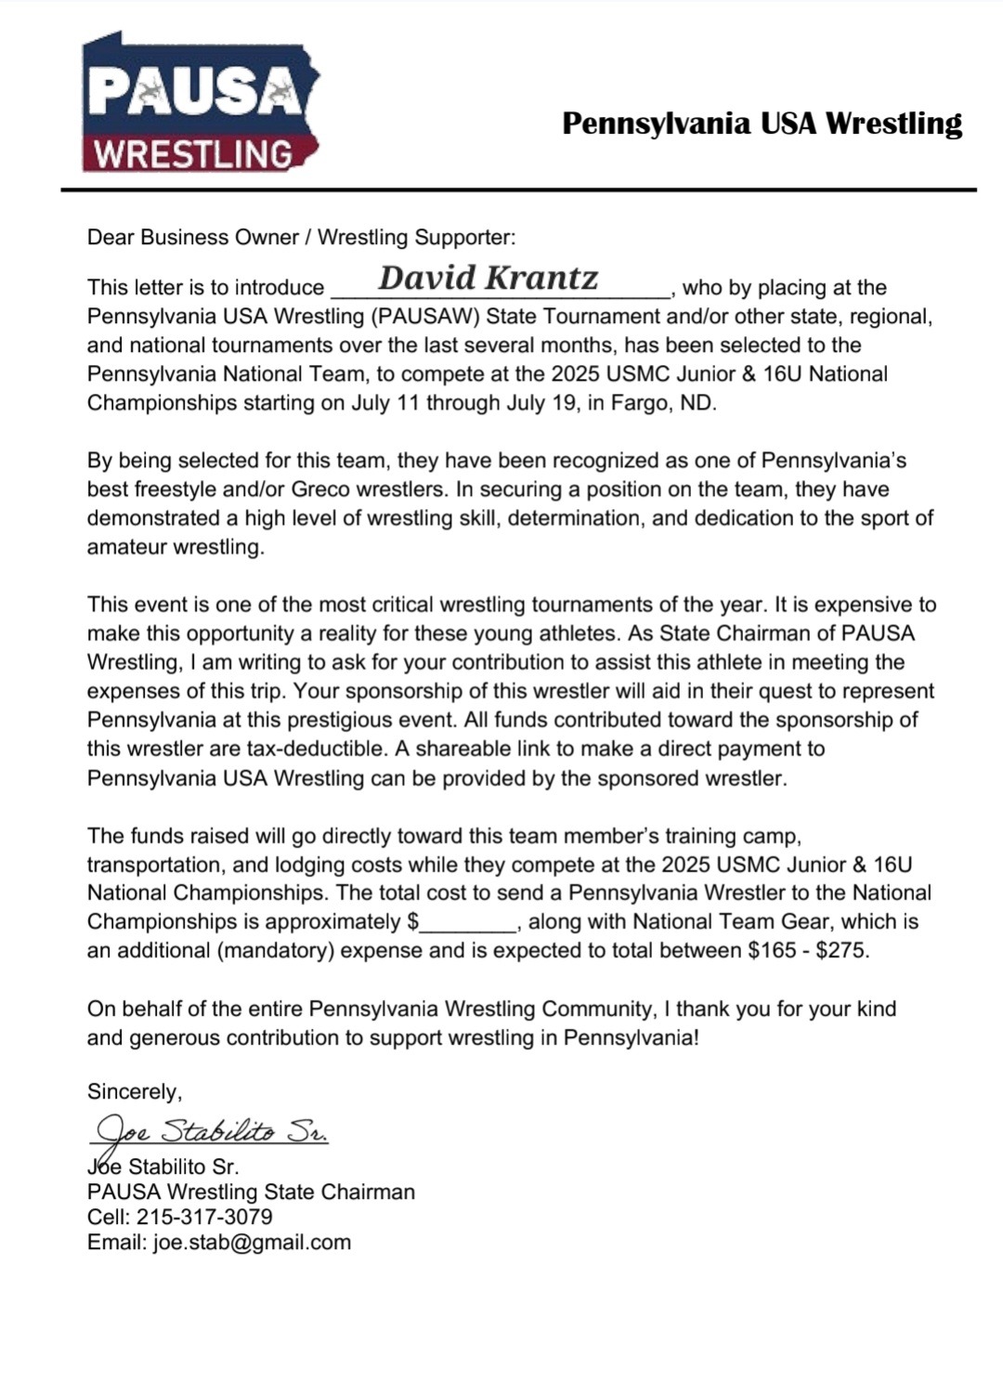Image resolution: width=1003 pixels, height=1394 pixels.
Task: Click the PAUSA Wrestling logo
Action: click(x=200, y=104)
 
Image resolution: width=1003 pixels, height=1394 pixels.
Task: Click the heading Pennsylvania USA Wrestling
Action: click(x=762, y=123)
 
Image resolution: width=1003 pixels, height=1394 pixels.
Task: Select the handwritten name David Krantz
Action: click(x=488, y=278)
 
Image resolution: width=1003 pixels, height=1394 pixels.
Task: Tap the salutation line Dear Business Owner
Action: click(x=301, y=237)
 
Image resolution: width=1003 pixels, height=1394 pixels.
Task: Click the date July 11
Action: click(x=384, y=404)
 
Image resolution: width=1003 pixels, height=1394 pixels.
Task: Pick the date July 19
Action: click(x=539, y=404)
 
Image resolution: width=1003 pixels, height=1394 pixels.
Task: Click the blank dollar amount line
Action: click(x=469, y=922)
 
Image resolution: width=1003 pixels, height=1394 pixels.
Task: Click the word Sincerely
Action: click(x=135, y=1091)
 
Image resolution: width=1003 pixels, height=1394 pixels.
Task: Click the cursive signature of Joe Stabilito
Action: click(x=212, y=1131)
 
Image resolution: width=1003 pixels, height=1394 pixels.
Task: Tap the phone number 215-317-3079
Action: click(x=204, y=1217)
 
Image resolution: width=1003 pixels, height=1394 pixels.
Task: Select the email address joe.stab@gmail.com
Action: click(x=252, y=1243)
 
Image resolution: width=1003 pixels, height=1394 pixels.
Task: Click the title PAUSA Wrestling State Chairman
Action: click(x=251, y=1192)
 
